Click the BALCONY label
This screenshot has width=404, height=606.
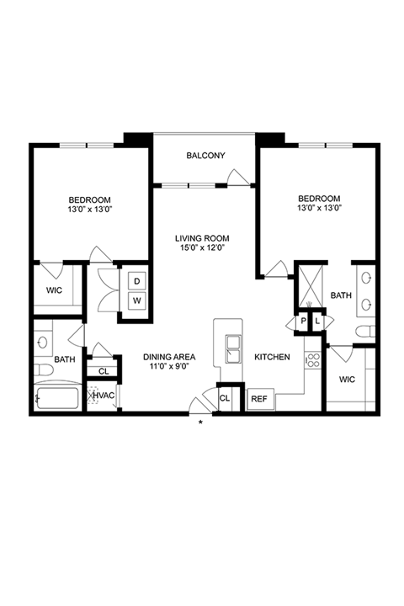click(x=205, y=156)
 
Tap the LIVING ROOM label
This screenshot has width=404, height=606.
click(x=202, y=238)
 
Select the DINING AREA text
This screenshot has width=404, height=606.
click(x=169, y=357)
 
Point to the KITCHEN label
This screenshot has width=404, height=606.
click(x=272, y=357)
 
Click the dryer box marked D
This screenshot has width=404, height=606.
click(x=137, y=281)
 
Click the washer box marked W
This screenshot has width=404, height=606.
click(x=137, y=300)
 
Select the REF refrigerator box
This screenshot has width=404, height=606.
click(x=261, y=399)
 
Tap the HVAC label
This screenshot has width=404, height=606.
click(x=104, y=396)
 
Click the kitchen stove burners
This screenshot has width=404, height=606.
click(x=312, y=360)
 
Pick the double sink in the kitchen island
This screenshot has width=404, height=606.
click(x=233, y=349)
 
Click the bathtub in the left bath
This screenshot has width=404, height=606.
click(x=57, y=398)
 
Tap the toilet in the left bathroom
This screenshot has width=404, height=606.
click(x=43, y=370)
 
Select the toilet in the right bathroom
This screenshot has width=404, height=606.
click(x=365, y=332)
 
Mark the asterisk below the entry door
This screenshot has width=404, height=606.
click(x=200, y=422)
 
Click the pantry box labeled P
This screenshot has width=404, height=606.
click(x=303, y=321)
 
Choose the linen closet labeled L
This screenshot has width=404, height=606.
click(x=317, y=321)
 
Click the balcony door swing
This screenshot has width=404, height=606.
click(x=237, y=178)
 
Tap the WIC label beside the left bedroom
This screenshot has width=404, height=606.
click(x=54, y=290)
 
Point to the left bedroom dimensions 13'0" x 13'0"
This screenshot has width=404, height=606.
click(x=89, y=210)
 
